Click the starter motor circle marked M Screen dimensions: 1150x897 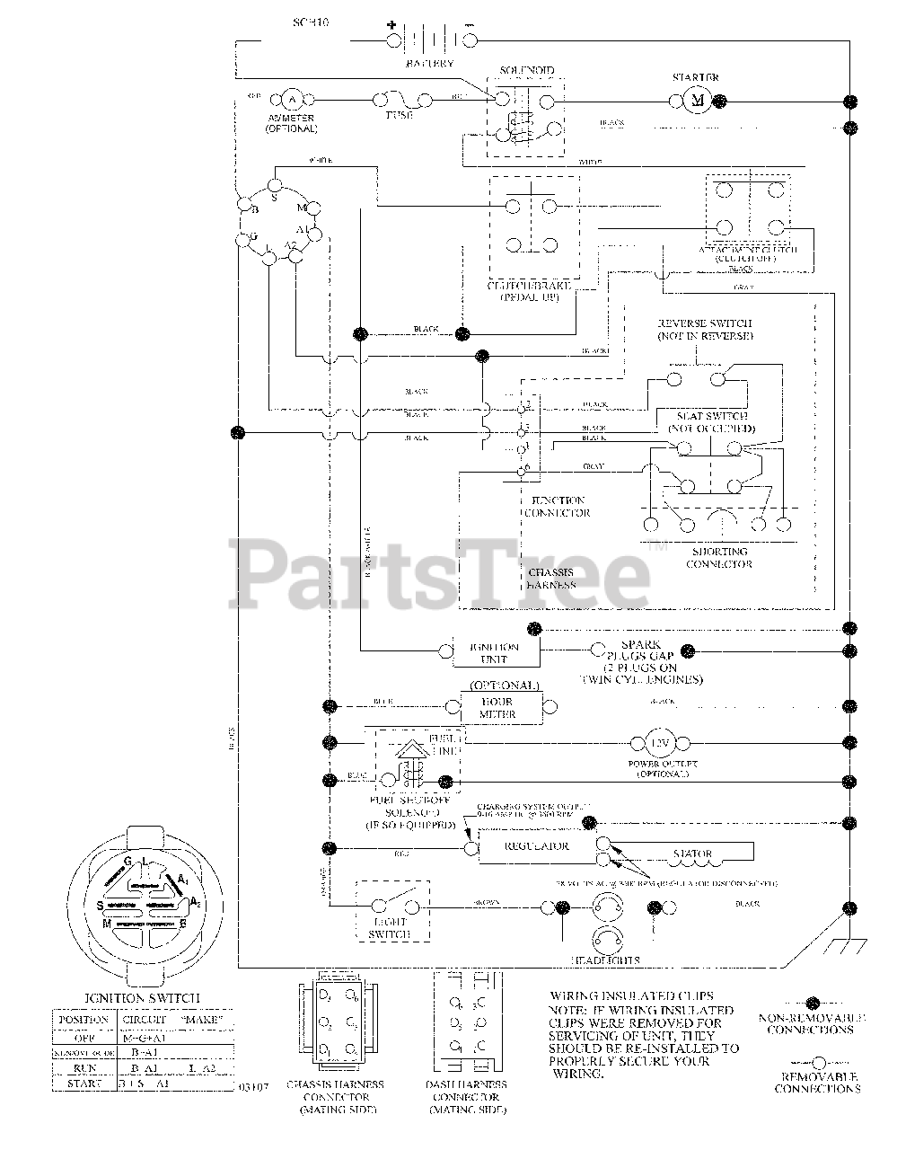(698, 100)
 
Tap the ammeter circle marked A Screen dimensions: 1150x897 (291, 100)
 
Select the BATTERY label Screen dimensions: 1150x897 (430, 64)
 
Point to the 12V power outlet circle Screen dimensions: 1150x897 (660, 743)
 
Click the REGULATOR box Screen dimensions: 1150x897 (536, 846)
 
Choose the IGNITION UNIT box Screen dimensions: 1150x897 (497, 653)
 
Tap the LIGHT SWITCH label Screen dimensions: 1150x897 (388, 928)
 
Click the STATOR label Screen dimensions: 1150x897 (692, 854)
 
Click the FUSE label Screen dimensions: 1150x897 (399, 116)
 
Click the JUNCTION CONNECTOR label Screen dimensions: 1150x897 (558, 507)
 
